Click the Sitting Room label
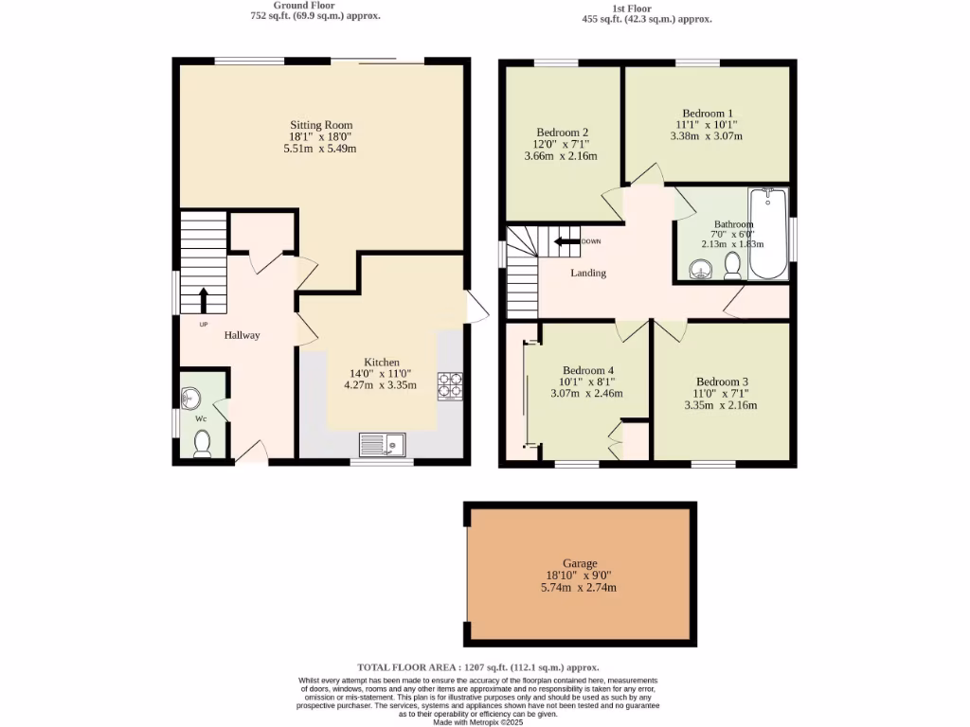tap(320, 125)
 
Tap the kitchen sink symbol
tap(382, 443)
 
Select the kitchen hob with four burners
tap(449, 386)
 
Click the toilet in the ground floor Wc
tap(202, 442)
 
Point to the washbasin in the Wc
tap(192, 397)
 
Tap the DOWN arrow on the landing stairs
tap(567, 241)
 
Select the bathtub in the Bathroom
tap(767, 234)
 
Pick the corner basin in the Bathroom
tap(701, 270)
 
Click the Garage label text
tap(578, 563)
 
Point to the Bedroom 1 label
tap(707, 114)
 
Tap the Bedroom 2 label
tap(562, 132)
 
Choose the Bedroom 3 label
tap(721, 381)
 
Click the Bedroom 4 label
tap(587, 370)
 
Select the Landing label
tap(587, 273)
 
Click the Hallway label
tap(242, 335)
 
